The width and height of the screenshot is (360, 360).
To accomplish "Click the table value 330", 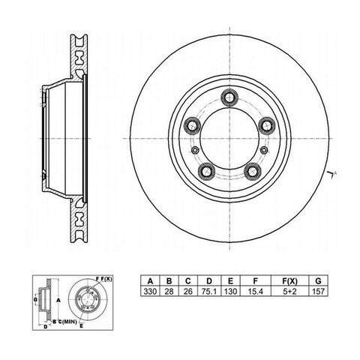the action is point(150,292).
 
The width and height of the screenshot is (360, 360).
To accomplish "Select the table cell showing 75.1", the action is point(209,292).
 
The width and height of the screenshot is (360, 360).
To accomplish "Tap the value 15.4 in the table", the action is point(255,292).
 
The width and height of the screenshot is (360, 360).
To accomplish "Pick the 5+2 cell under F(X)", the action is point(289,292).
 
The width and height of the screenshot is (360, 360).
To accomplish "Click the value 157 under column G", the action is point(318,292).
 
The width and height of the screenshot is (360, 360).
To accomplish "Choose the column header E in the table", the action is point(230,281).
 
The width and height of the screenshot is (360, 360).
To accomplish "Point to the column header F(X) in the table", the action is point(289,281).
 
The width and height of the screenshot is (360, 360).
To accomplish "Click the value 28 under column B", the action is point(169,292).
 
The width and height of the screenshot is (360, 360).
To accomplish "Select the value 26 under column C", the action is point(188,292).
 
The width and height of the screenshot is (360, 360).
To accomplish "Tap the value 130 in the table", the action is point(230,292).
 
